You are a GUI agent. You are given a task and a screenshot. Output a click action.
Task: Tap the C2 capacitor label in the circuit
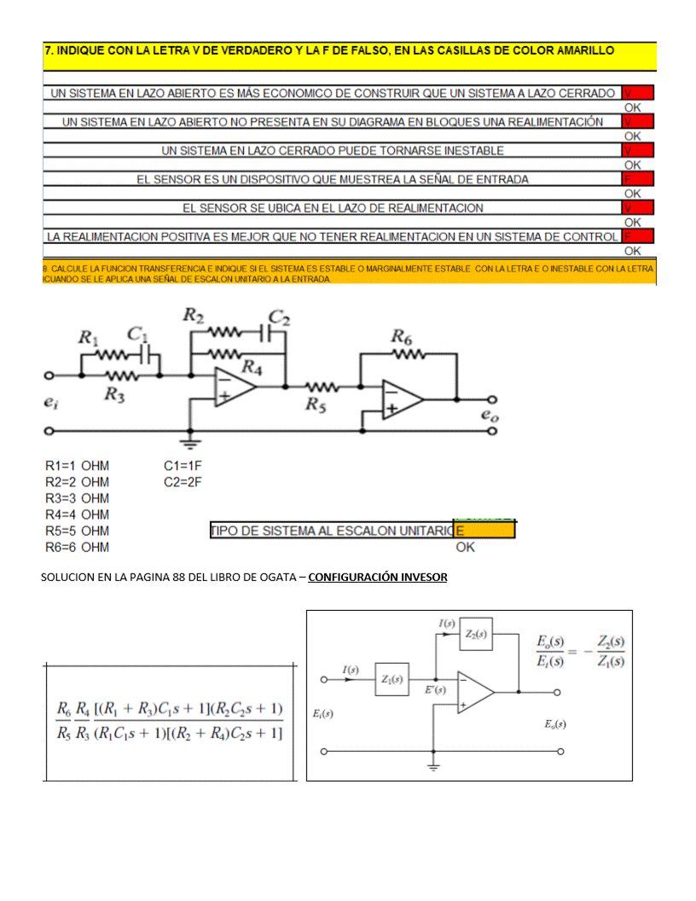(x=280, y=319)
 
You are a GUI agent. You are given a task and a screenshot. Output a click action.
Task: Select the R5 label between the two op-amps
(x=317, y=404)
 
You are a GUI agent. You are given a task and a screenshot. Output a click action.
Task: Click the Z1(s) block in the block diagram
(x=392, y=679)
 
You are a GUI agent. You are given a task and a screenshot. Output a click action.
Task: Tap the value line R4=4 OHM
(x=77, y=514)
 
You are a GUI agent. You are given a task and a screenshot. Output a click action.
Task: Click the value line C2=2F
(x=183, y=482)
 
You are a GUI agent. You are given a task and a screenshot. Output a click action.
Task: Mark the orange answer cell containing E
(x=484, y=531)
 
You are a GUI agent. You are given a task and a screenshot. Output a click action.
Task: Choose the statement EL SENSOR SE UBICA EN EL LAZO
(x=333, y=208)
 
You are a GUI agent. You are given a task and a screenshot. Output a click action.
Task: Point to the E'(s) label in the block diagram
(x=435, y=690)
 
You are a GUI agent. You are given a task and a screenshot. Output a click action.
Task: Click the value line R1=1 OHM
(x=77, y=466)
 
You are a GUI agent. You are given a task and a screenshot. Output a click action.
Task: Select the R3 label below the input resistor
(x=115, y=393)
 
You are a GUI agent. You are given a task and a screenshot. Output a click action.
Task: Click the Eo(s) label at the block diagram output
(x=554, y=724)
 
